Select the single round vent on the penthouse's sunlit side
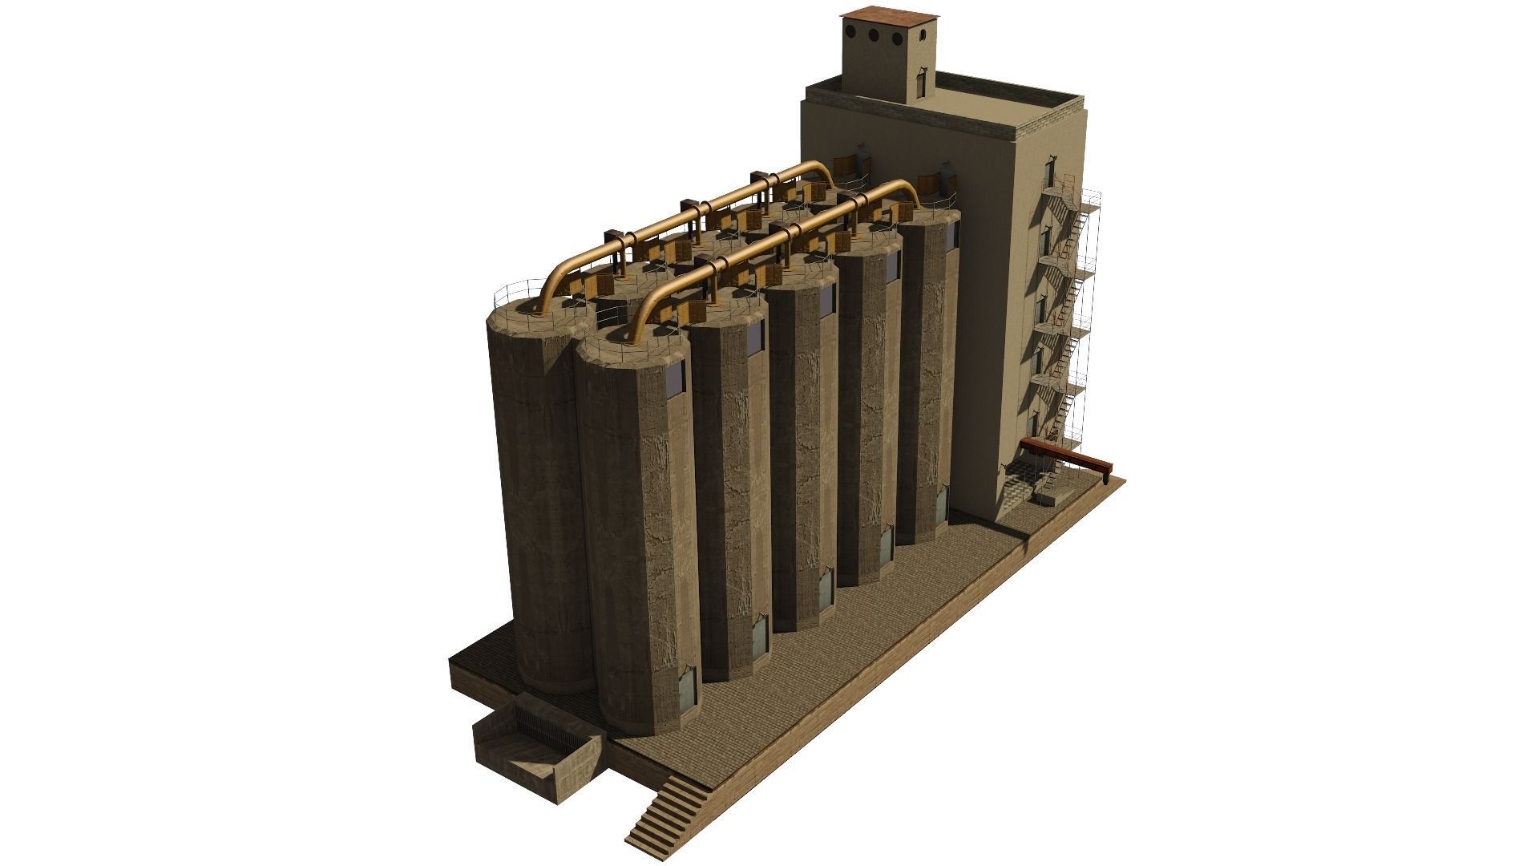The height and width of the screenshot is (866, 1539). (924, 35)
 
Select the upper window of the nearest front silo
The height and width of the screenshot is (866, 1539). (674, 377)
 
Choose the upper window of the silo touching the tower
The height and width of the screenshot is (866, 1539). (953, 233)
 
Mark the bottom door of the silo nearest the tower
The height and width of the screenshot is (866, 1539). (942, 504)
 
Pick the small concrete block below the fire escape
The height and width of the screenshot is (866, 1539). (1048, 498)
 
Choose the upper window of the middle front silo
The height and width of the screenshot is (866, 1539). (826, 299)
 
